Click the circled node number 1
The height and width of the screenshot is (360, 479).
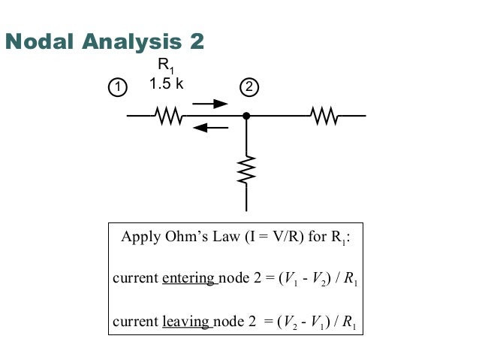[117, 87]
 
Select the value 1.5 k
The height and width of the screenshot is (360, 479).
[166, 84]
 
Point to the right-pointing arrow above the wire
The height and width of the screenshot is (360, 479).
[209, 104]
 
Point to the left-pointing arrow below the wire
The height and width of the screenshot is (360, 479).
[210, 127]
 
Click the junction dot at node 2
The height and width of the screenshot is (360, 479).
[246, 116]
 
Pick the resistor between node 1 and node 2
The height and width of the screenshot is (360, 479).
[168, 116]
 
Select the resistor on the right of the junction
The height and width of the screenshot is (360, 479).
[324, 116]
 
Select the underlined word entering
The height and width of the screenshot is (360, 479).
[188, 280]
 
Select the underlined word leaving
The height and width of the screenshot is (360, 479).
[185, 322]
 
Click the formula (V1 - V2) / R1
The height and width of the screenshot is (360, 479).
[318, 280]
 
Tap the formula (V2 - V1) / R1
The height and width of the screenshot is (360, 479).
[318, 322]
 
